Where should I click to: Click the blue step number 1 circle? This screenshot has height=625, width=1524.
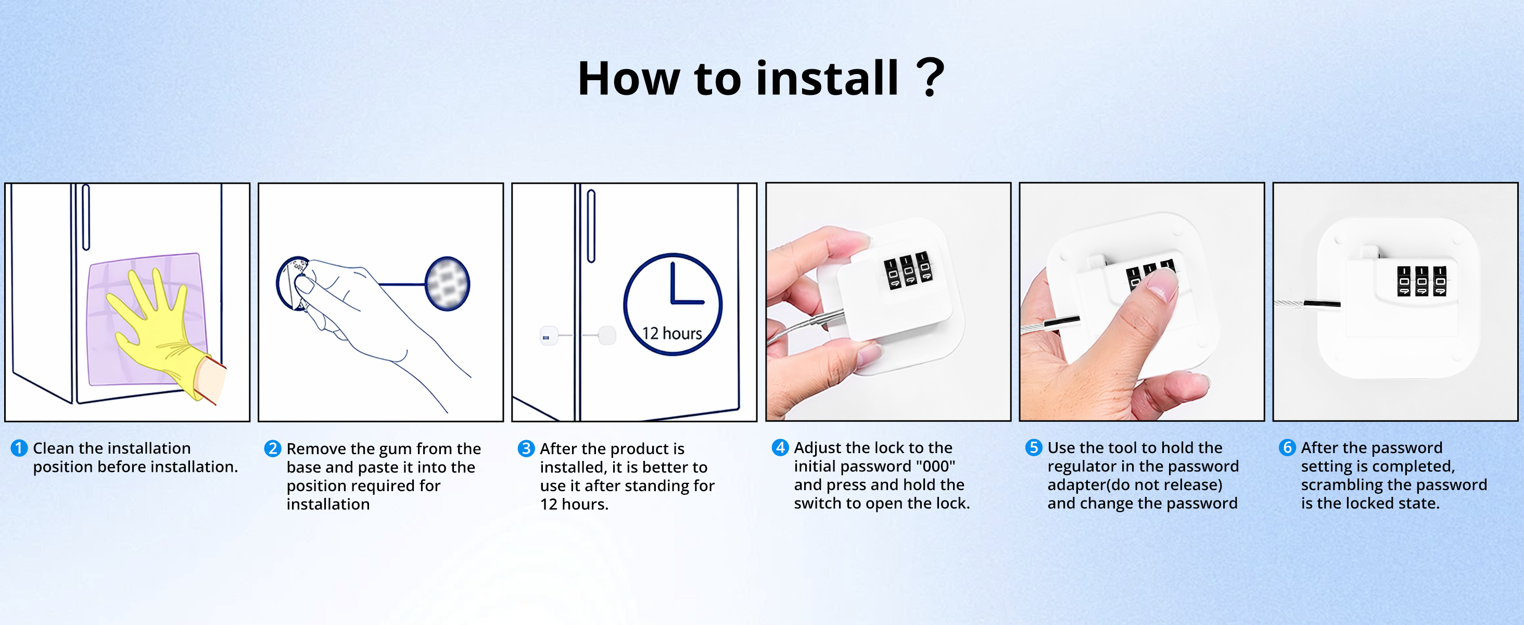pyautogui.click(x=19, y=448)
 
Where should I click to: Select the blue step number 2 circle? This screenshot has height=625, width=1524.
pyautogui.click(x=272, y=448)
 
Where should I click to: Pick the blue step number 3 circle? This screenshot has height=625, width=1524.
pyautogui.click(x=526, y=448)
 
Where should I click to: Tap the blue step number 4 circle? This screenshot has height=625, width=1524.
pyautogui.click(x=780, y=447)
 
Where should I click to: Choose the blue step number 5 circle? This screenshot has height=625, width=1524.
pyautogui.click(x=1034, y=447)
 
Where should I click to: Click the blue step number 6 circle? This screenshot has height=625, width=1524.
pyautogui.click(x=1287, y=447)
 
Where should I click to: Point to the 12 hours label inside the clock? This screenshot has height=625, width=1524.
pyautogui.click(x=672, y=334)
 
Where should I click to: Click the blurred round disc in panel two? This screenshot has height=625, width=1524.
pyautogui.click(x=447, y=283)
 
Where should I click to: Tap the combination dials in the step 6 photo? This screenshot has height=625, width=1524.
pyautogui.click(x=1421, y=281)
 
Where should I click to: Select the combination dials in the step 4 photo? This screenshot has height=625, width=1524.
pyautogui.click(x=908, y=270)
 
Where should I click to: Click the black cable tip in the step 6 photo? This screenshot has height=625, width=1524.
pyautogui.click(x=1322, y=304)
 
